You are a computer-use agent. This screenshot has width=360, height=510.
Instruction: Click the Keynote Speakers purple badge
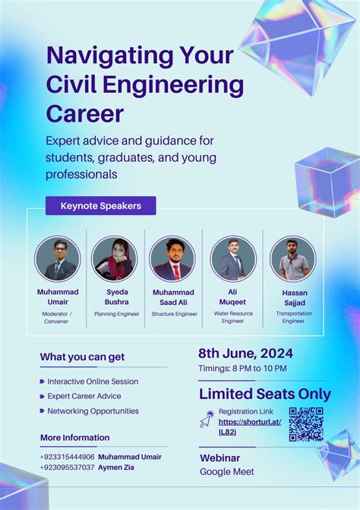[x=100, y=205]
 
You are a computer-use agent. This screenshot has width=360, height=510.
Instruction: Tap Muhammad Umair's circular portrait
[x=57, y=258]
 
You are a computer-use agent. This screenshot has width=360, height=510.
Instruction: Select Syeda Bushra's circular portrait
[x=115, y=258]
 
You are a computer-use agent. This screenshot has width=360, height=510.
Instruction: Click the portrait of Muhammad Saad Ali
[x=172, y=258]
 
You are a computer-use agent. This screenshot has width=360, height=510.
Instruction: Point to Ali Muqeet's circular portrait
[x=232, y=258]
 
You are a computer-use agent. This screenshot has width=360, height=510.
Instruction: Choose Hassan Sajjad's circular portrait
[x=292, y=258]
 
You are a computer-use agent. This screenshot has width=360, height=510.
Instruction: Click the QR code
[x=306, y=424]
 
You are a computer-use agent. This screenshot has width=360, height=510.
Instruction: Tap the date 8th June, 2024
[x=245, y=353]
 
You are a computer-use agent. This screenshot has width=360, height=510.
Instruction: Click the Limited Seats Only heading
[x=264, y=394]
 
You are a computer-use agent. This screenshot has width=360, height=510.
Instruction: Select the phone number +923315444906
[x=68, y=457]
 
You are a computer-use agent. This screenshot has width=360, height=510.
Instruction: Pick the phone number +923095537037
[x=68, y=467]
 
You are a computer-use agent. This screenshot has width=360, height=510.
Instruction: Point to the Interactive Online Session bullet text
[x=93, y=381]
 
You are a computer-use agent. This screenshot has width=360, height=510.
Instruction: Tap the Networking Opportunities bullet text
[x=93, y=411]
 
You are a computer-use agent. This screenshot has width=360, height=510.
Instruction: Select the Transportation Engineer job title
[x=293, y=317]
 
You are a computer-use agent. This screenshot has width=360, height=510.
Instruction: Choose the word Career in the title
[x=84, y=114]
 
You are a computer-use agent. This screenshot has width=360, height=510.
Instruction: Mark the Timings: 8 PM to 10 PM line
[x=242, y=369]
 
